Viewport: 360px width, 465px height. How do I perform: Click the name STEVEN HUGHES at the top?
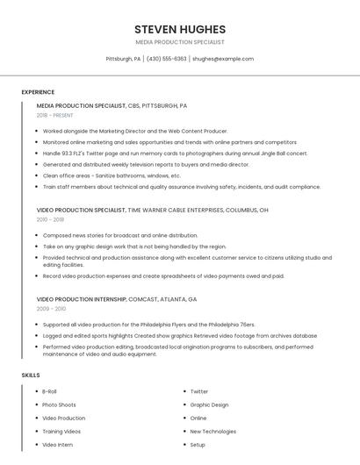click(x=180, y=29)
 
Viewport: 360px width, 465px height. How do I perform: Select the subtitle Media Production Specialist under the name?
click(x=180, y=42)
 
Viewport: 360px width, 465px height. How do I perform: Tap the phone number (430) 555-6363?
click(x=166, y=59)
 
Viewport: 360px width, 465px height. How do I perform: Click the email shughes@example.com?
click(x=223, y=59)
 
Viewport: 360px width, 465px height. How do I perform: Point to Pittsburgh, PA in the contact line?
click(x=123, y=59)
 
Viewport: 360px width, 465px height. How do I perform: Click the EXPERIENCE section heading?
click(x=38, y=91)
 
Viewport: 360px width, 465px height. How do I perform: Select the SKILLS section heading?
click(x=31, y=375)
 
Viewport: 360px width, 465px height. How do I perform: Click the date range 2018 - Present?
click(x=54, y=115)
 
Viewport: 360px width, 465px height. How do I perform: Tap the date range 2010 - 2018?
click(x=50, y=219)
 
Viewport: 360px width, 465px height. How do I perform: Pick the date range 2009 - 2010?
click(x=51, y=309)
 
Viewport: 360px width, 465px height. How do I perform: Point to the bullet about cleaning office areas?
click(x=112, y=175)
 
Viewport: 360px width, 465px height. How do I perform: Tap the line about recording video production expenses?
click(x=163, y=275)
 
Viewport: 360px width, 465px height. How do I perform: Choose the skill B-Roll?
click(x=51, y=391)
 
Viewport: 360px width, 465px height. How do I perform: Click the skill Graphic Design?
click(x=209, y=404)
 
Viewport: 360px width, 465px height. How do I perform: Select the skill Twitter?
click(x=199, y=391)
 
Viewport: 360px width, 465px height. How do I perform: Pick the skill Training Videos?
click(x=61, y=431)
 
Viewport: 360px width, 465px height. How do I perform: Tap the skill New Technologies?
click(x=213, y=431)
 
